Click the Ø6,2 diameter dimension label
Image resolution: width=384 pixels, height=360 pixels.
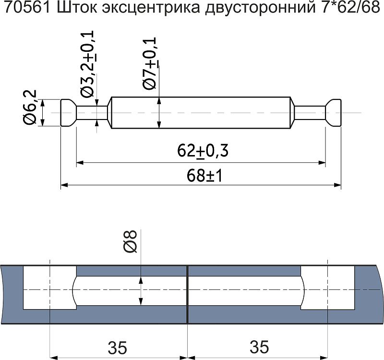(x=30, y=108)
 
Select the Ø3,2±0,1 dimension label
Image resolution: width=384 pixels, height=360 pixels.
(x=87, y=62)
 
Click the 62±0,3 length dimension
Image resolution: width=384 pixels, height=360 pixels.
(x=202, y=151)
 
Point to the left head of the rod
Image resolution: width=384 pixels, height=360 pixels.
(x=68, y=113)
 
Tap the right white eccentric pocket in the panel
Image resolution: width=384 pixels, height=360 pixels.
(x=329, y=288)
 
